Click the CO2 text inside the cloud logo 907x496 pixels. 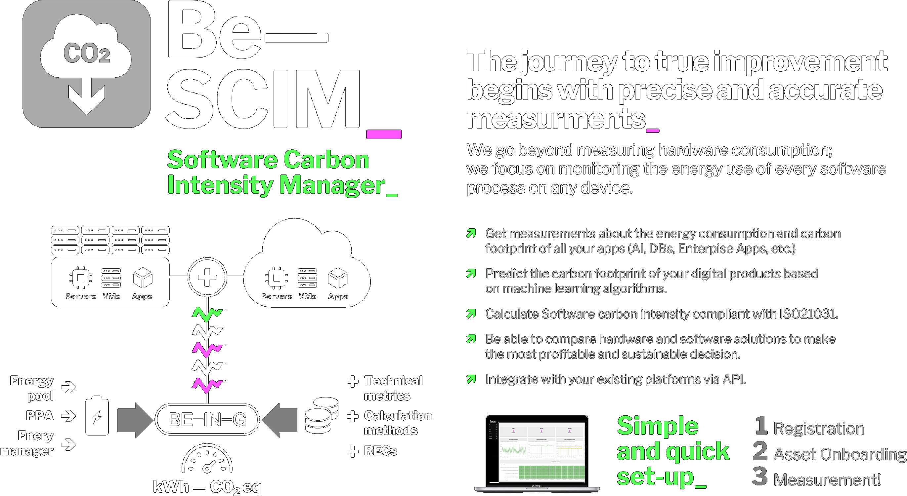click(87, 53)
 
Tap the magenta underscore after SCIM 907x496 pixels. click(384, 134)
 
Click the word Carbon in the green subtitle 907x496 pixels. click(326, 160)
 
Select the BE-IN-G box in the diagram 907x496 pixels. click(207, 419)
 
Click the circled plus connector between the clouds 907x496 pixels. click(207, 277)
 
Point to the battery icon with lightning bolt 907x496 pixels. click(97, 416)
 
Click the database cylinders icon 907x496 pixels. click(321, 416)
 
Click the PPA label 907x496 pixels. click(39, 415)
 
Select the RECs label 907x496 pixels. click(380, 451)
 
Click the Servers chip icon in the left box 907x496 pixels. click(81, 278)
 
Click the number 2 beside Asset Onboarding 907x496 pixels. click(760, 451)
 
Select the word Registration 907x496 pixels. click(819, 429)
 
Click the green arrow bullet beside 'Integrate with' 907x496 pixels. click(471, 379)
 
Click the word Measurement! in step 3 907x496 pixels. click(827, 479)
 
